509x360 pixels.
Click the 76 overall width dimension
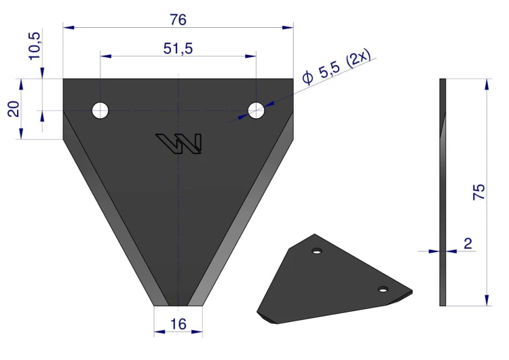click(x=178, y=20)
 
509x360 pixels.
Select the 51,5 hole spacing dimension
click(x=178, y=49)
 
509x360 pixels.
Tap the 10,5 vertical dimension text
click(x=35, y=46)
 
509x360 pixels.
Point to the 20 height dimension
click(x=14, y=109)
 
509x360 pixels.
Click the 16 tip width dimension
click(x=178, y=324)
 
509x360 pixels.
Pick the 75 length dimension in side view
click(x=479, y=192)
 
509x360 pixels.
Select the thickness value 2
click(x=468, y=243)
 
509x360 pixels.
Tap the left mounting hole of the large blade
click(x=100, y=111)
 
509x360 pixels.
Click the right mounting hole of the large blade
click(x=256, y=111)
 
